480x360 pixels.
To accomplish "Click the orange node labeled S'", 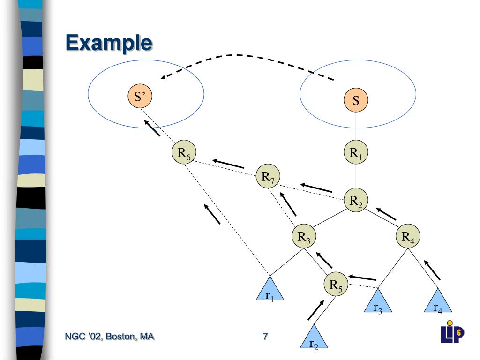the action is (x=140, y=96).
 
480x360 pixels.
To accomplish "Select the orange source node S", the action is (x=356, y=100).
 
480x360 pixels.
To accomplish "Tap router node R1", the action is (x=356, y=152).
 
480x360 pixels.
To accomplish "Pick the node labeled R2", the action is (x=356, y=200).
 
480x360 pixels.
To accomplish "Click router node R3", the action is (x=304, y=236).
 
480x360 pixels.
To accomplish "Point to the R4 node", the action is (x=408, y=236).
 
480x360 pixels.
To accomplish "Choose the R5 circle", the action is (x=336, y=284).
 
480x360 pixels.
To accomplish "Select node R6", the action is (x=184, y=152).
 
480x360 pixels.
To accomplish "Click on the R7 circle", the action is (x=268, y=176).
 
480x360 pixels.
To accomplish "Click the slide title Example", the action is (x=109, y=43).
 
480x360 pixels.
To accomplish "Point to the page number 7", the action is (x=265, y=336).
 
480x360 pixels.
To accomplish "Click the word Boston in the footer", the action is (x=119, y=336).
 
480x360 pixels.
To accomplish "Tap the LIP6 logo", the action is (x=452, y=332).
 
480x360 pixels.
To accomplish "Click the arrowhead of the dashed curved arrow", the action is (x=163, y=77).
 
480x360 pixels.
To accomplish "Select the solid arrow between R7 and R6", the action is (x=228, y=164).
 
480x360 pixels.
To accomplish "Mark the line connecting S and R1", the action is (x=356, y=126).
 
